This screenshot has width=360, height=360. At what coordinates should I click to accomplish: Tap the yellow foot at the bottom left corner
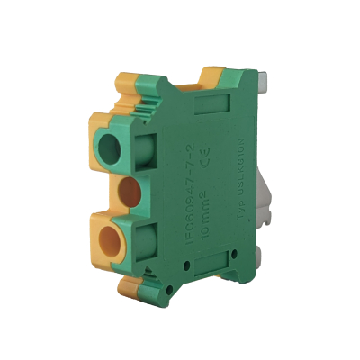point(126,290)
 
